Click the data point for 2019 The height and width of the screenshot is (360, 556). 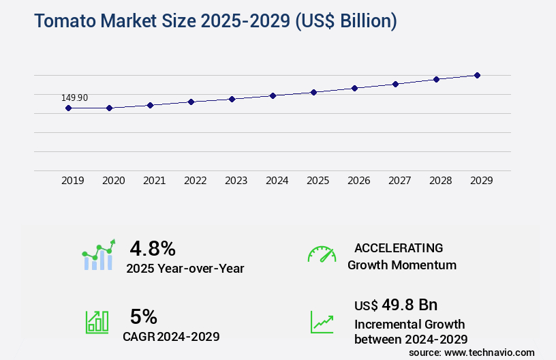[x=68, y=108]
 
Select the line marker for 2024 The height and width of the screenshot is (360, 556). [x=273, y=95]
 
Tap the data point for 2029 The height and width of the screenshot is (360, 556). [x=477, y=75]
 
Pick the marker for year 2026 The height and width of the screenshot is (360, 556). [x=354, y=88]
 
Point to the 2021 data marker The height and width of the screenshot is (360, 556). [x=150, y=105]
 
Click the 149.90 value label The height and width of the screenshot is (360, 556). [x=74, y=97]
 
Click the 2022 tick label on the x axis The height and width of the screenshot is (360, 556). [x=196, y=181]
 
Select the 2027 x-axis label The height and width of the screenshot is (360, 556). [x=400, y=181]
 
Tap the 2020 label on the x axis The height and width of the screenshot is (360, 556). [x=114, y=181]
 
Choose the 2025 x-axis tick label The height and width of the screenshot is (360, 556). [x=318, y=181]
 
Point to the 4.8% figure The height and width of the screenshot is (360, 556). [x=153, y=247]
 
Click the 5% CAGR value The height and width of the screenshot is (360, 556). [x=144, y=316]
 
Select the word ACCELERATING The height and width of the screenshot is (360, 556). [x=399, y=247]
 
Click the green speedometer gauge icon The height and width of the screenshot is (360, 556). [x=322, y=254]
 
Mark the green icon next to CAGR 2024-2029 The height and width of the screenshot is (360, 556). [x=97, y=321]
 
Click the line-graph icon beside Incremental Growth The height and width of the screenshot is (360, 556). [x=322, y=322]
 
